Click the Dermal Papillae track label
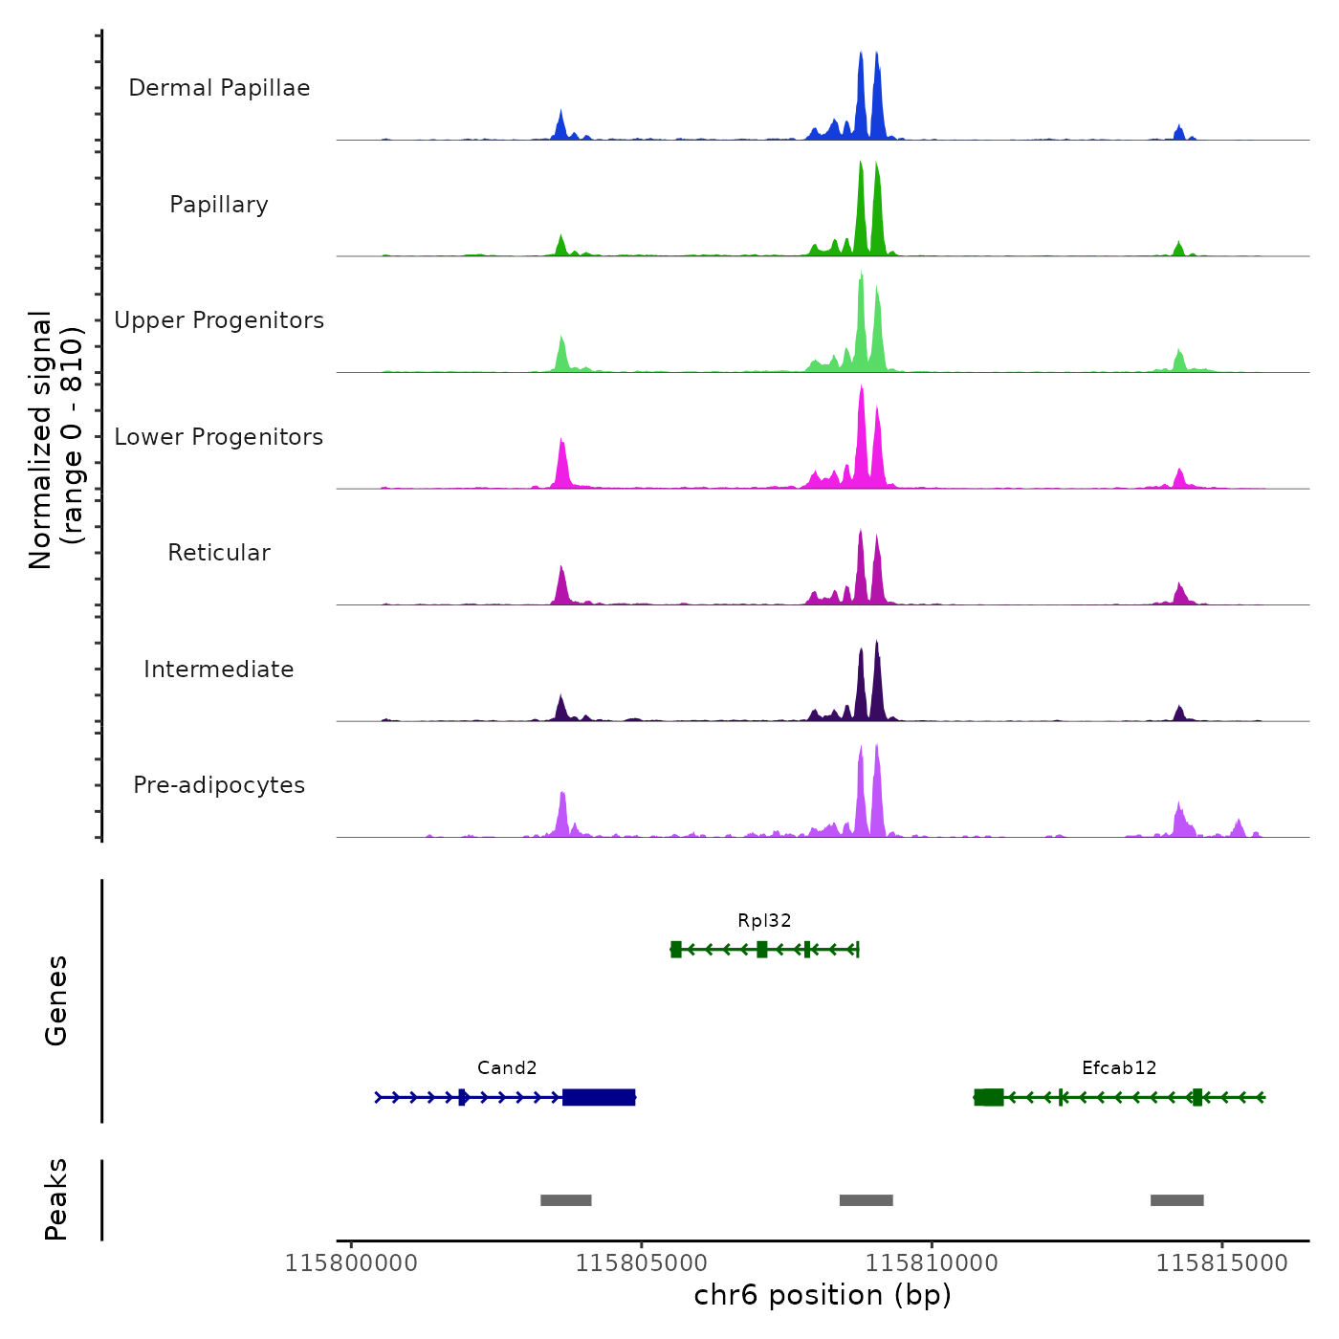(x=219, y=88)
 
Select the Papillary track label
(x=219, y=205)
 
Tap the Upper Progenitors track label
(x=219, y=320)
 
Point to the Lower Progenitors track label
(x=219, y=437)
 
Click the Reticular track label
(x=219, y=553)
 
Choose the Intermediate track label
(x=219, y=669)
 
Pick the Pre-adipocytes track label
(x=219, y=785)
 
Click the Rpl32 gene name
(x=764, y=921)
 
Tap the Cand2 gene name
(x=507, y=1068)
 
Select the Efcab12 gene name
(x=1119, y=1068)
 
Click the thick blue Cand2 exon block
(x=599, y=1097)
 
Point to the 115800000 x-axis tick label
(x=351, y=1263)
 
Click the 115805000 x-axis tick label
(x=642, y=1263)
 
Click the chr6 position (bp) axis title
(x=823, y=1296)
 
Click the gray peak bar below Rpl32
(x=867, y=1200)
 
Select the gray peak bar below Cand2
(x=566, y=1200)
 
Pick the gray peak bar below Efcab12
(x=1177, y=1200)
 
